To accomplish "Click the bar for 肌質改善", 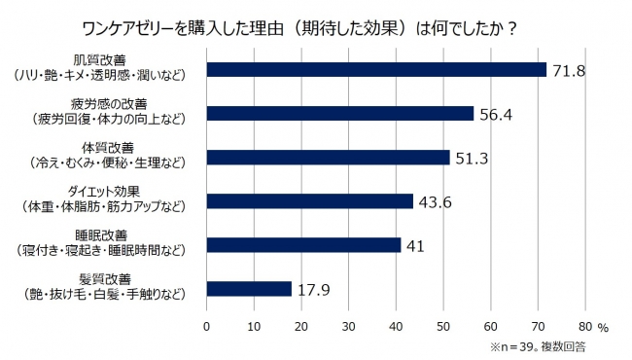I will click(x=376, y=69).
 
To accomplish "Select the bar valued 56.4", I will click(x=339, y=113).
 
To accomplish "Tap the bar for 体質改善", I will click(x=328, y=157).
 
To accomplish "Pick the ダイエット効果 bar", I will click(x=309, y=201).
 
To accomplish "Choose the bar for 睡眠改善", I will click(x=303, y=244).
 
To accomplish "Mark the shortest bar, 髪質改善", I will click(x=249, y=289).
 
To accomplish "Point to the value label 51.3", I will click(x=474, y=157).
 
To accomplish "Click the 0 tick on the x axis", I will click(x=207, y=327).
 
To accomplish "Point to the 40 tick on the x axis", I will click(x=396, y=327).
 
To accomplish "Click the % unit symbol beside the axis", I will click(x=603, y=328).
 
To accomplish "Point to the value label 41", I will click(x=414, y=245).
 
